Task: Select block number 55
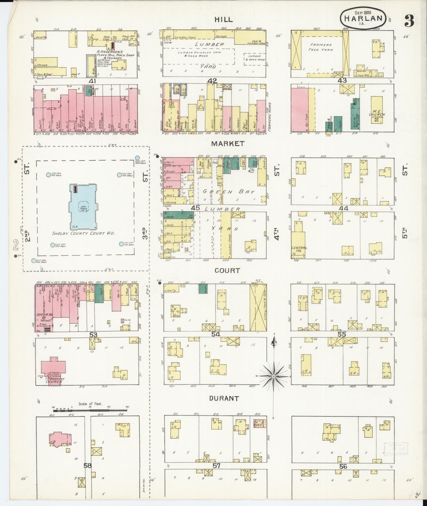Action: coord(342,334)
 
